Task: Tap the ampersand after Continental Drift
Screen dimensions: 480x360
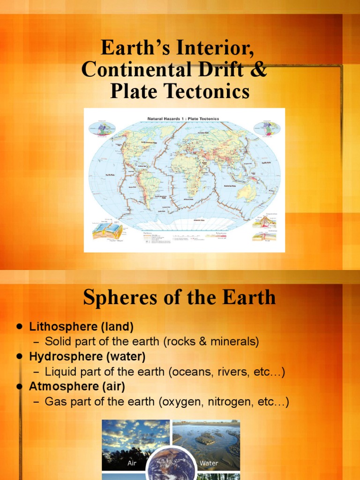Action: click(x=260, y=70)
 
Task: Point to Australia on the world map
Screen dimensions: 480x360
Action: click(x=247, y=191)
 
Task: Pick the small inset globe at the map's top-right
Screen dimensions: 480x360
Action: click(x=266, y=128)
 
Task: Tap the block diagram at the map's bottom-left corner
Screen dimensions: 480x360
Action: click(x=107, y=230)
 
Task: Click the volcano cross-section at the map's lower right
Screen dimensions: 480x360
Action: click(x=264, y=222)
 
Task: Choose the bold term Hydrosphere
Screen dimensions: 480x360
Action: click(x=61, y=357)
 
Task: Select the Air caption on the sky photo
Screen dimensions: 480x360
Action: click(x=132, y=463)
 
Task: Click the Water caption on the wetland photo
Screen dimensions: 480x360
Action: click(x=209, y=463)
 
